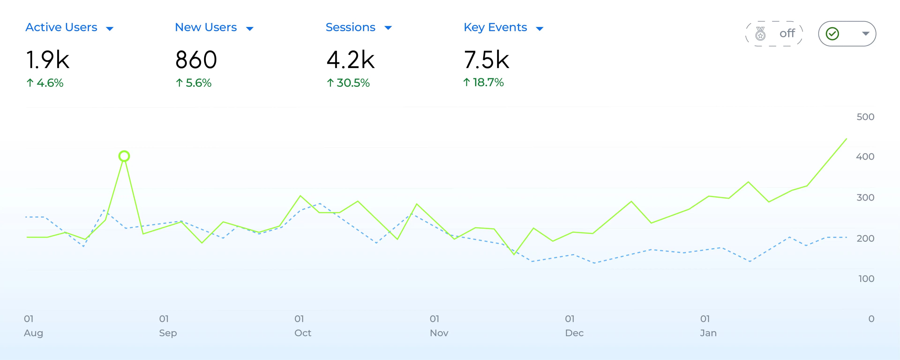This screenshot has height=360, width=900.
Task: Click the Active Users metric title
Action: tap(61, 27)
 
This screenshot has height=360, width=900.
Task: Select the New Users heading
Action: tap(206, 27)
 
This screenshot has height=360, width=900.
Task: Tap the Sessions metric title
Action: tap(350, 27)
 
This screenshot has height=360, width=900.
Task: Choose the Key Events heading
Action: tap(495, 27)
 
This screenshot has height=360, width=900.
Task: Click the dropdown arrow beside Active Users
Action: tap(110, 29)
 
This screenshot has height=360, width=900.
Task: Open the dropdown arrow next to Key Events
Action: tap(540, 29)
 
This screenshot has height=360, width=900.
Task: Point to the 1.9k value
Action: tap(48, 60)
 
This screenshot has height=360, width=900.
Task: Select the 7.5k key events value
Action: tap(486, 60)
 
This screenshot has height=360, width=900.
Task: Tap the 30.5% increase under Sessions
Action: tap(348, 83)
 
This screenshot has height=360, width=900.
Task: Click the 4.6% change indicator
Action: tap(45, 83)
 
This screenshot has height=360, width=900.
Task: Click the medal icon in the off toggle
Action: tap(760, 34)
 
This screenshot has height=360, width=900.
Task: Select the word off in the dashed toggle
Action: tap(787, 34)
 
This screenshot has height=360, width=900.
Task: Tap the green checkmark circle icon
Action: tap(832, 34)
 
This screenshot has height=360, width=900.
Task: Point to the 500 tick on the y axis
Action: tap(865, 117)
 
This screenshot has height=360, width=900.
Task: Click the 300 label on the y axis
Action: tap(865, 198)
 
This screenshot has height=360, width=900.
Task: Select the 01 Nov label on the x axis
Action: tap(439, 326)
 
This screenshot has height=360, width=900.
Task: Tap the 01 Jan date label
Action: tap(708, 326)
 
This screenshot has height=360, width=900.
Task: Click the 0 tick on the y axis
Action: tap(871, 319)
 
